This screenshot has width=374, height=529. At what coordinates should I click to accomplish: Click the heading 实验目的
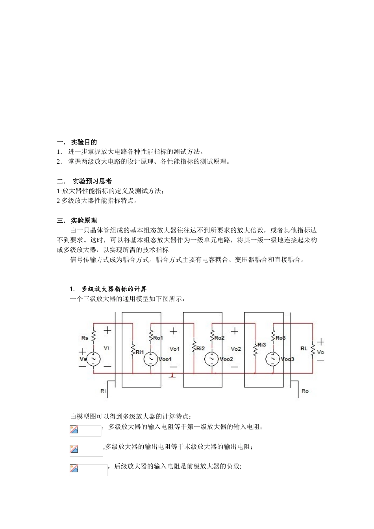[x=83, y=142]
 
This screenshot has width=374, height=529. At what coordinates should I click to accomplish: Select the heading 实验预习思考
[x=92, y=181]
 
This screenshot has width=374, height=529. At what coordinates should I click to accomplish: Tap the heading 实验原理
[x=83, y=220]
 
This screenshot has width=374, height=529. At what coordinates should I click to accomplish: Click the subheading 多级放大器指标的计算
[x=114, y=289]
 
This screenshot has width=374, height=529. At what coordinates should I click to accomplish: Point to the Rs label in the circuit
[x=85, y=338]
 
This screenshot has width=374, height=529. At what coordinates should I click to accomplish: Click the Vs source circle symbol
[x=94, y=359]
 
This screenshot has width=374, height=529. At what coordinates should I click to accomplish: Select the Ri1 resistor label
[x=140, y=352]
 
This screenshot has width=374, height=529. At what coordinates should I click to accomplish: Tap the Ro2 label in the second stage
[x=219, y=338]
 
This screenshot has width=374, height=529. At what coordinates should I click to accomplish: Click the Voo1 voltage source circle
[x=150, y=359]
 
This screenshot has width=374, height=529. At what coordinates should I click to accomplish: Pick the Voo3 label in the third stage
[x=287, y=359]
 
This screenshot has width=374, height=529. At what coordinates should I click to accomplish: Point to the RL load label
[x=304, y=349]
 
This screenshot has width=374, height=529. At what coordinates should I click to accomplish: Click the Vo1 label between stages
[x=174, y=349]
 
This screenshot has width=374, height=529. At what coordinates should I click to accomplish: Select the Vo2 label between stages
[x=236, y=349]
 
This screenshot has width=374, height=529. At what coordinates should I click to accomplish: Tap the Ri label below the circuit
[x=103, y=391]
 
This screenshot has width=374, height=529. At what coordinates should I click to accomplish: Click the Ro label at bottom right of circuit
[x=305, y=391]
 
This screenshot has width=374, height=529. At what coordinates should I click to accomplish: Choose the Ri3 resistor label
[x=262, y=345]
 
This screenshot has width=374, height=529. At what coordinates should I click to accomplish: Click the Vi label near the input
[x=106, y=348]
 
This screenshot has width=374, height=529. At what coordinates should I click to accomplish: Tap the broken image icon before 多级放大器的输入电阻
[x=74, y=430]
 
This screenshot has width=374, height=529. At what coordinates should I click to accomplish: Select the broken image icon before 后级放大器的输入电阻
[x=74, y=469]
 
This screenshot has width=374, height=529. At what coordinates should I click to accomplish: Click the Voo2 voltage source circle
[x=211, y=359]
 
